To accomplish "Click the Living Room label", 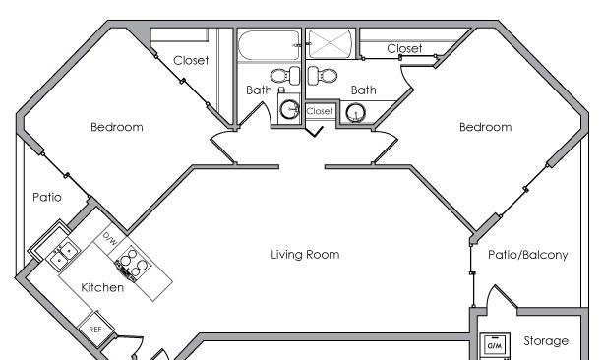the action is (305, 255).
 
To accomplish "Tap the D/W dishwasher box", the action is (110, 239).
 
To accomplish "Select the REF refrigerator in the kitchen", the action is (95, 329).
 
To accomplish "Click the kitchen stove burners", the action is (133, 263).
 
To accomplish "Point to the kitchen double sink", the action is (63, 255).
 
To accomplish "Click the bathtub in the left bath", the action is (269, 45).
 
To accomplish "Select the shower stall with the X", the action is (331, 43).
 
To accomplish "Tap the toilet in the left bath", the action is (285, 75).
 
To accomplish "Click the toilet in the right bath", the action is (323, 75).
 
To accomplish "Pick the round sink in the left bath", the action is (290, 110).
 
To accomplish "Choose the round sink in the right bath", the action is (356, 113).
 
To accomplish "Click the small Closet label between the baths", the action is (320, 111).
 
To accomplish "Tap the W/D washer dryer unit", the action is (495, 345).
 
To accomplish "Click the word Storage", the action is (546, 340).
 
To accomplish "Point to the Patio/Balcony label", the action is (528, 255).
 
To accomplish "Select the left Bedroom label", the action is (117, 127).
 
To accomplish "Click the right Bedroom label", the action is (486, 127).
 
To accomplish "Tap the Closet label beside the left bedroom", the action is (191, 60).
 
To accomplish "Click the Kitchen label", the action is (102, 287).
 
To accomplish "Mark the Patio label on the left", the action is (47, 198).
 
